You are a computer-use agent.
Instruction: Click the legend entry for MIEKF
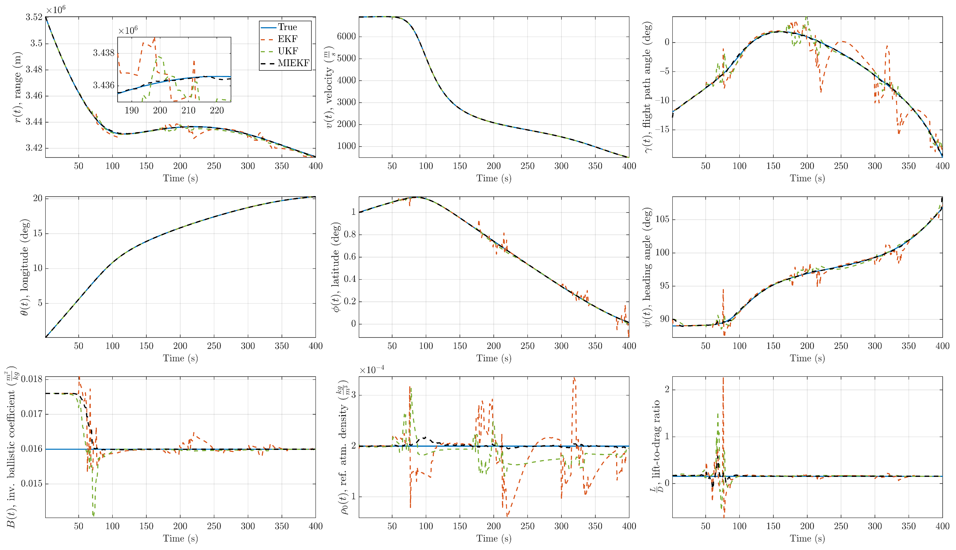coord(293,63)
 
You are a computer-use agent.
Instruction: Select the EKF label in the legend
coord(288,39)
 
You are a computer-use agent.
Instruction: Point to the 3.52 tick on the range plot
coord(34,17)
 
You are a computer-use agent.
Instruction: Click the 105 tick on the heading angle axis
coord(662,219)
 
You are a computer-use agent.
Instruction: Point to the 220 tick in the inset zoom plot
coord(217,110)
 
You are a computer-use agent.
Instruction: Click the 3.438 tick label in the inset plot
coord(103,53)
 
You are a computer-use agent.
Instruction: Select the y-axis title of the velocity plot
coord(329,87)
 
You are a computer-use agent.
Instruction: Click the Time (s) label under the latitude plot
coord(494,358)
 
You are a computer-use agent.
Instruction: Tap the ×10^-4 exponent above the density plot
coord(372,370)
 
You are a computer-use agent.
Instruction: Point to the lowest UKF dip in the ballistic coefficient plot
coord(93,515)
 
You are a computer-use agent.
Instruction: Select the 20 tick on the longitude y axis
coord(38,198)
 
